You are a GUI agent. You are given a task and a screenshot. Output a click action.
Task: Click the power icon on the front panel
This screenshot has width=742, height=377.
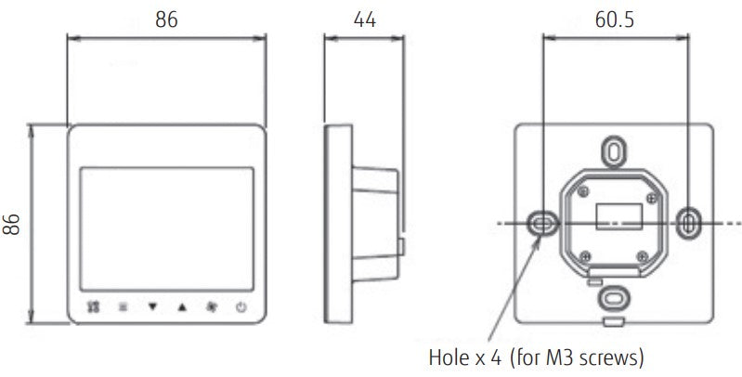pos(241,305)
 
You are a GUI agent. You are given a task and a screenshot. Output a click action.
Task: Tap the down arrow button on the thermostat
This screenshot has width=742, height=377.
pos(152,305)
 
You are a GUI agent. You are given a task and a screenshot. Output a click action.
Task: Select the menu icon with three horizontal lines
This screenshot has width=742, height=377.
pos(123,305)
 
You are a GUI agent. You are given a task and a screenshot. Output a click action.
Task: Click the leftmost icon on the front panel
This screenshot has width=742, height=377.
pos(93,305)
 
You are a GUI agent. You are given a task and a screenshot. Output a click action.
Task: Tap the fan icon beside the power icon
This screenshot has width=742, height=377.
pos(212,305)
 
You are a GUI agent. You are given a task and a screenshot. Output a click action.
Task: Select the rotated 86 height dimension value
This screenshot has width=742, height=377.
pos(13,224)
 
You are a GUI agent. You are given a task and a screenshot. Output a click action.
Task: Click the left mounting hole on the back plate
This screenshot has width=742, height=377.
pos(540,222)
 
